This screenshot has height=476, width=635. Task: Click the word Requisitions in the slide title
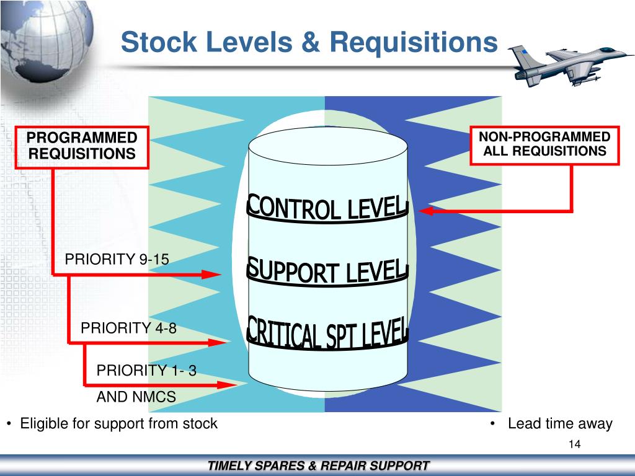coord(414,43)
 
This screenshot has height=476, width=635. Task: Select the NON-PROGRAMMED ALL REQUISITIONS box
coord(544,144)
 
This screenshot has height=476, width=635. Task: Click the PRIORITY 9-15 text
coord(117,259)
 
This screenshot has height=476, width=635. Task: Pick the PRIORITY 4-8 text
coord(128,328)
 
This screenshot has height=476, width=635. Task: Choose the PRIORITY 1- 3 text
coord(146,371)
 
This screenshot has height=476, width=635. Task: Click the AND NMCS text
coord(136,397)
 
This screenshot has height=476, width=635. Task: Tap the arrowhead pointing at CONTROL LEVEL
coord(425,212)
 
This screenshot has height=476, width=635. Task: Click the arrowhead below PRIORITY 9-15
coord(214,274)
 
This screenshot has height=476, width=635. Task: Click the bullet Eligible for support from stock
coord(118,424)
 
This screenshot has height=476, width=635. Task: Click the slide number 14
coord(574,444)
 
